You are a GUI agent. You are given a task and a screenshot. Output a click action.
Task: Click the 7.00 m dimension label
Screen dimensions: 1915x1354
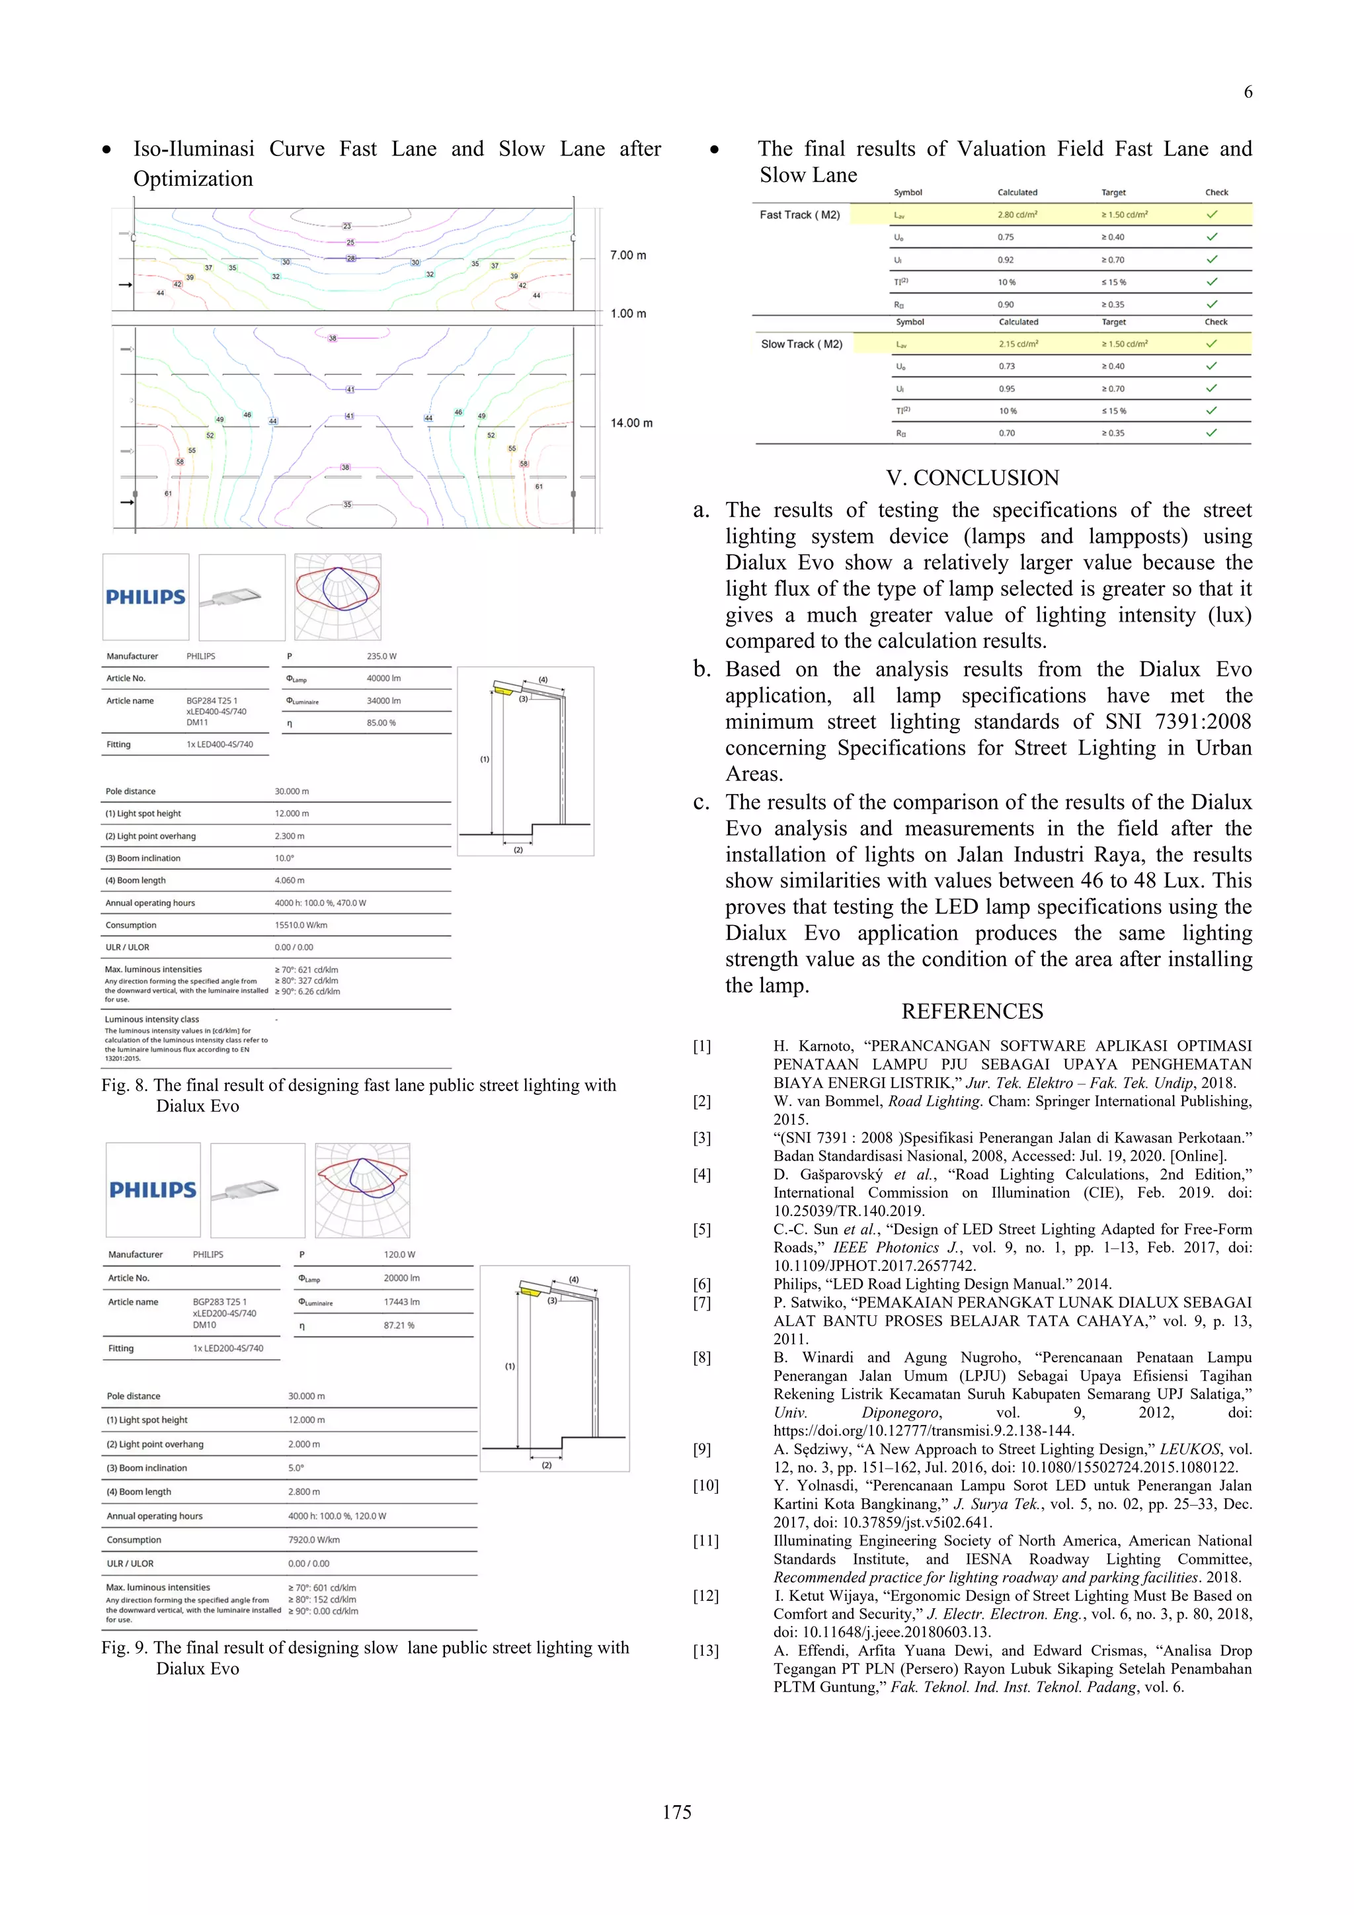628,255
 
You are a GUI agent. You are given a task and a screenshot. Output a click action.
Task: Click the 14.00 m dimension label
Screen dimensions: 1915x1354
631,423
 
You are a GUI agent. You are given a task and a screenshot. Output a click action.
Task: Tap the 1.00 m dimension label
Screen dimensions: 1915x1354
628,313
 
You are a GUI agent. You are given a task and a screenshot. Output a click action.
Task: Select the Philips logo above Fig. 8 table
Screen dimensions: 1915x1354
146,597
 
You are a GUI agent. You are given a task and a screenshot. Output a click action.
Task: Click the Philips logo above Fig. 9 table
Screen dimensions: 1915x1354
153,1190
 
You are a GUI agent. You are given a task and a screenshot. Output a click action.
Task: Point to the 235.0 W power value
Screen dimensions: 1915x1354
381,657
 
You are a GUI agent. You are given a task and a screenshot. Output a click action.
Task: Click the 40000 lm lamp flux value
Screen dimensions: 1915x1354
383,678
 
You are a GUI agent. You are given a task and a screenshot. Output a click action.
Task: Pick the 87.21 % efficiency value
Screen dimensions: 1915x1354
399,1325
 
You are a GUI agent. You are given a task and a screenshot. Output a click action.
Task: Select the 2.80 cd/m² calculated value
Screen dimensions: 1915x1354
1017,215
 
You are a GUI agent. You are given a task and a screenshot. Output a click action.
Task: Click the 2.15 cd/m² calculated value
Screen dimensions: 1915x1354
1018,344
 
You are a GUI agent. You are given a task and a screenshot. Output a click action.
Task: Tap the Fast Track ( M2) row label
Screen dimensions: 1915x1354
799,215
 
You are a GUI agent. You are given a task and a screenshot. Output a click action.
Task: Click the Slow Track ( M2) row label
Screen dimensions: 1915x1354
801,344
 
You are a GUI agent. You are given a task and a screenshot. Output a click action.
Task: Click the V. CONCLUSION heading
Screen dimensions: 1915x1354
972,478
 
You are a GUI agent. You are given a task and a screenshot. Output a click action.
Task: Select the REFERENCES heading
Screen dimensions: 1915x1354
972,1012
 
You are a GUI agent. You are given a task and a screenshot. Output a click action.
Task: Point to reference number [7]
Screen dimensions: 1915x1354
702,1303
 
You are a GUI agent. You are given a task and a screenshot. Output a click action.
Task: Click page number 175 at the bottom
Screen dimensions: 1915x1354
676,1812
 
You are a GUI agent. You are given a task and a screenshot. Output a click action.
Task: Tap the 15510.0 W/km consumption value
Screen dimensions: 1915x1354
300,925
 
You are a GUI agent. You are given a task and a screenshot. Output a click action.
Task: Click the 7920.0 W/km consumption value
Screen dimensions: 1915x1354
313,1539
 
